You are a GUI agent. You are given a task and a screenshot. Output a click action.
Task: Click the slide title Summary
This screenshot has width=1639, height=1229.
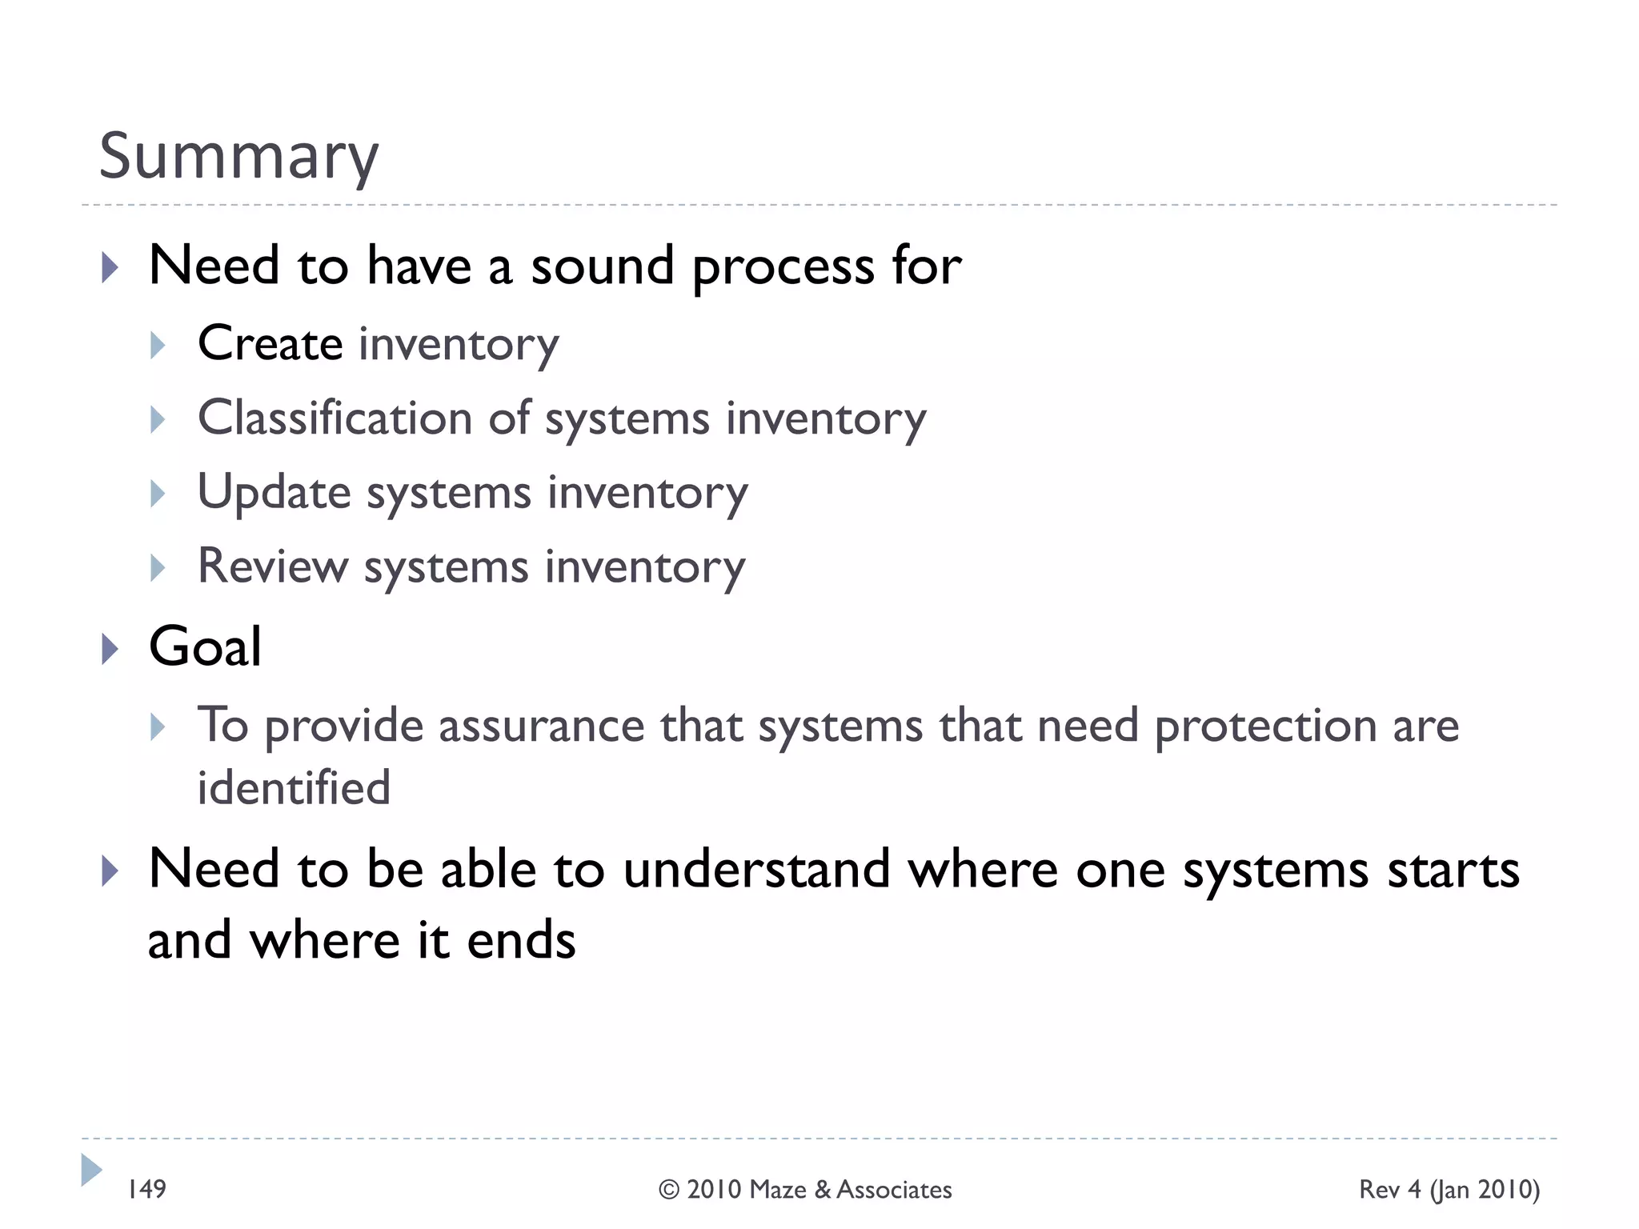pyautogui.click(x=238, y=157)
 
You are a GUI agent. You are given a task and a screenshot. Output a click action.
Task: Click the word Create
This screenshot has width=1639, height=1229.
pyautogui.click(x=270, y=343)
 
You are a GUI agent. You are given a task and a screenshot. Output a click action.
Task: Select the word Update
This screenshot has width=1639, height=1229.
pyautogui.click(x=274, y=492)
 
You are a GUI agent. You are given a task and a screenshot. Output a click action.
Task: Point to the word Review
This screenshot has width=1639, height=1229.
pyautogui.click(x=272, y=566)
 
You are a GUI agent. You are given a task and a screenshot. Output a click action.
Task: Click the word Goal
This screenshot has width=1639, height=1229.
pyautogui.click(x=205, y=647)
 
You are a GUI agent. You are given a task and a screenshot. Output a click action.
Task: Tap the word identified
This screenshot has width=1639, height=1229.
pyautogui.click(x=294, y=787)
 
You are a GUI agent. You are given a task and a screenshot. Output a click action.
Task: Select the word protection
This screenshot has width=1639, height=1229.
pyautogui.click(x=1265, y=727)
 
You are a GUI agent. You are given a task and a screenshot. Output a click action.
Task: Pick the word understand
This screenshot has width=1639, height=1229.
pyautogui.click(x=756, y=869)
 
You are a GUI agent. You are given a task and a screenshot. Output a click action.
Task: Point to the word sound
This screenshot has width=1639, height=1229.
pyautogui.click(x=602, y=266)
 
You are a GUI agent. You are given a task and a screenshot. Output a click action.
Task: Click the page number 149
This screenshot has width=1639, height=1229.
pyautogui.click(x=146, y=1189)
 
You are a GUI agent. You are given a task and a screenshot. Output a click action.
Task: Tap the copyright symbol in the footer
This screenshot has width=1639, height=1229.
pyautogui.click(x=669, y=1190)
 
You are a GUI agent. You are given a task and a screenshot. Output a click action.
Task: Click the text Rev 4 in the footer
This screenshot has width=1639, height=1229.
pyautogui.click(x=1390, y=1190)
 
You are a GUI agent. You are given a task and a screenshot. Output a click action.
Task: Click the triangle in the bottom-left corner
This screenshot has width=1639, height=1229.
pyautogui.click(x=91, y=1170)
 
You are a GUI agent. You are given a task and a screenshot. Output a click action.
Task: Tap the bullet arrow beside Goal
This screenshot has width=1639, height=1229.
pyautogui.click(x=110, y=648)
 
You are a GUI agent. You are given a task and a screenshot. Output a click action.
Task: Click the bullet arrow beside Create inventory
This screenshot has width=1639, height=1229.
pyautogui.click(x=158, y=345)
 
